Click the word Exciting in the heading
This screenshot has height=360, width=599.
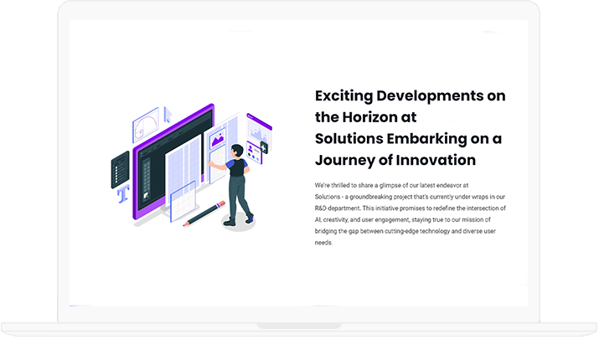[x=343, y=96]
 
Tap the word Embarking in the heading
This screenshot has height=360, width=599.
[x=426, y=139]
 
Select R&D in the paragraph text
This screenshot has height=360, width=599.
[x=320, y=208]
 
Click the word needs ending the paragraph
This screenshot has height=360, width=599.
[x=323, y=243]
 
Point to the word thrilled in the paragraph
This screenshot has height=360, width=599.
[x=339, y=186]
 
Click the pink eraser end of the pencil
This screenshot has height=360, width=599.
[x=221, y=204]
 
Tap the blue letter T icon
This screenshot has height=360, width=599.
[x=123, y=194]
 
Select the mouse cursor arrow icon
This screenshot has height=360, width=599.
[x=168, y=115]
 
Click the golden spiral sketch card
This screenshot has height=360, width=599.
[x=146, y=126]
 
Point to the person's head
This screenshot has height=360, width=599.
[x=237, y=151]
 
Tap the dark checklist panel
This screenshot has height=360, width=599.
[x=120, y=170]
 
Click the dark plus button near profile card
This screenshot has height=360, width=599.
[x=264, y=147]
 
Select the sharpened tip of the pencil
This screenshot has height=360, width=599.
[x=184, y=225]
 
